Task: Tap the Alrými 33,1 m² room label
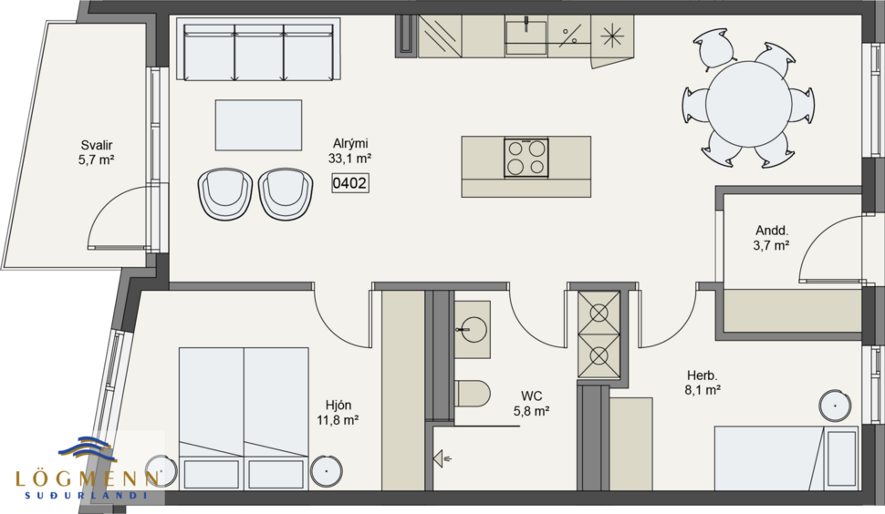tap(349, 150)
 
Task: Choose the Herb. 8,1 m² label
tap(703, 382)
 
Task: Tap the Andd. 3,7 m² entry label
tap(772, 238)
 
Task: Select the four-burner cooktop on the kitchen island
tap(526, 157)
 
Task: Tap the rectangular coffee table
tap(258, 125)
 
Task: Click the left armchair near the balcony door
tap(224, 192)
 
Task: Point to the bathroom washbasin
tap(473, 326)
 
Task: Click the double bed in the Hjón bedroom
tap(244, 416)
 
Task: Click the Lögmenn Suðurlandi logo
tap(86, 467)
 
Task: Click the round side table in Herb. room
tap(835, 406)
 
